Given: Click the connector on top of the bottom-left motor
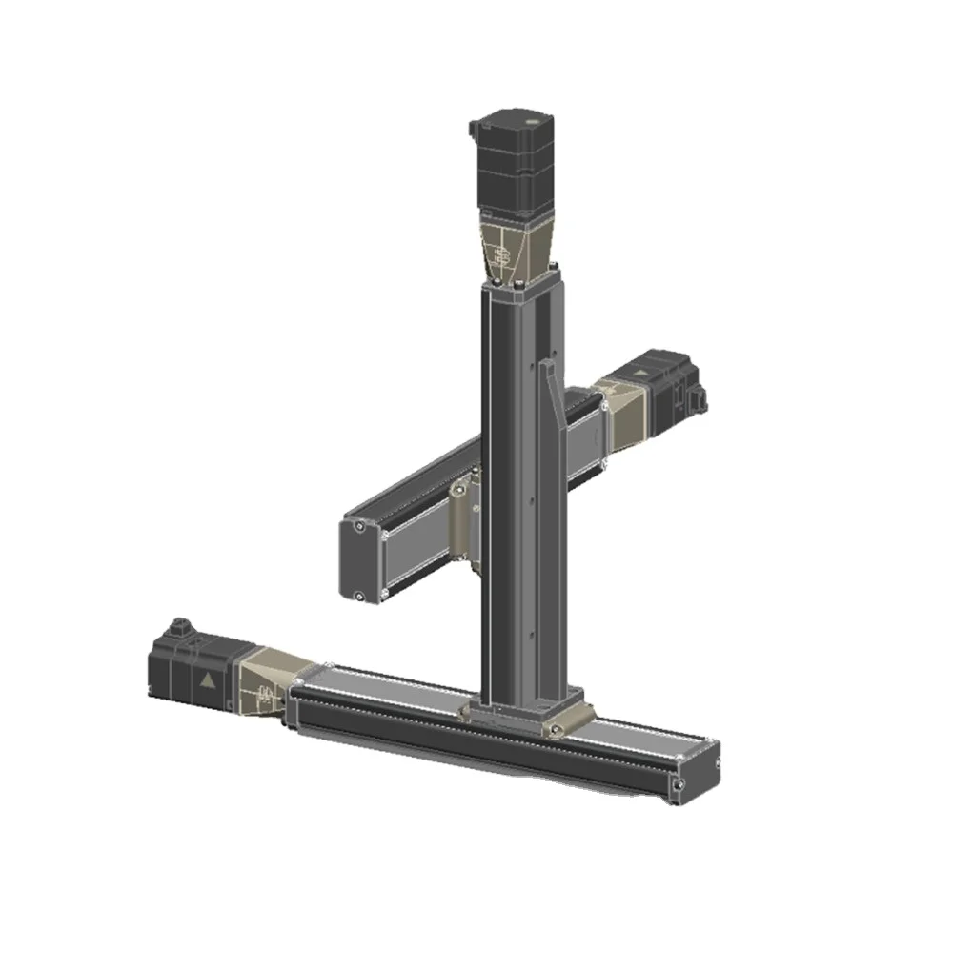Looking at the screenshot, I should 177,629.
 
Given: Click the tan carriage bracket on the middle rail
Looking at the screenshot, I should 462,518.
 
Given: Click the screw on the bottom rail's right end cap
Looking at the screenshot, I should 679,784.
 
